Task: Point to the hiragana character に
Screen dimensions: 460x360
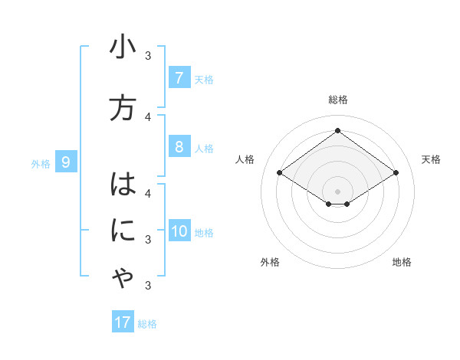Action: point(123,231)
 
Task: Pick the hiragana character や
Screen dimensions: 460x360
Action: point(123,280)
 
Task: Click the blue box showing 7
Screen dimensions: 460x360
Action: point(179,78)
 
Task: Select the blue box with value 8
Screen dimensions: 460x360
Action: point(179,147)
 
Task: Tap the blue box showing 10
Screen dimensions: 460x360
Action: point(179,232)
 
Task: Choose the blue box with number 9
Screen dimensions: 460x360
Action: point(66,162)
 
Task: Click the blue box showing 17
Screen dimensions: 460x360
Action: point(123,322)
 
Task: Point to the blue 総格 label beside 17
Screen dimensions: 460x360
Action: point(147,323)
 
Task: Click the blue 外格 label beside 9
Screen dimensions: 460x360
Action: point(41,163)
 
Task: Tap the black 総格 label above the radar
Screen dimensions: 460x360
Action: point(338,100)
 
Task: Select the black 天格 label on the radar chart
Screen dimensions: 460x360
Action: point(431,159)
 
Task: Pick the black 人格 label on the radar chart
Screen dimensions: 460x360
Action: point(245,159)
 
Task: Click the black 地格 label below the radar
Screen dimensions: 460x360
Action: point(402,262)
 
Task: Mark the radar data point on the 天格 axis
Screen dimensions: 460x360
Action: point(396,173)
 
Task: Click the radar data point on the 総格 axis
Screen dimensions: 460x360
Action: point(337,131)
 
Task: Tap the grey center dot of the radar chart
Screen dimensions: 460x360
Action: point(337,191)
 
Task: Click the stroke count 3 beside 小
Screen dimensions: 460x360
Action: point(148,55)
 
